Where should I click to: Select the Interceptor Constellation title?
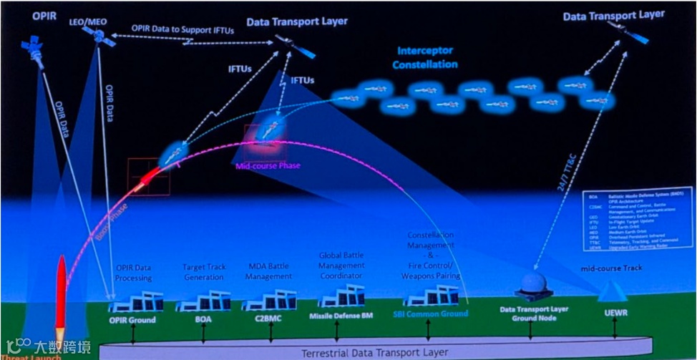coord(427,58)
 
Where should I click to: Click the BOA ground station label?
coord(204,320)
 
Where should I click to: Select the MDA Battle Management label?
coord(268,271)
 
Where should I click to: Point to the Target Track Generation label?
coord(204,271)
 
